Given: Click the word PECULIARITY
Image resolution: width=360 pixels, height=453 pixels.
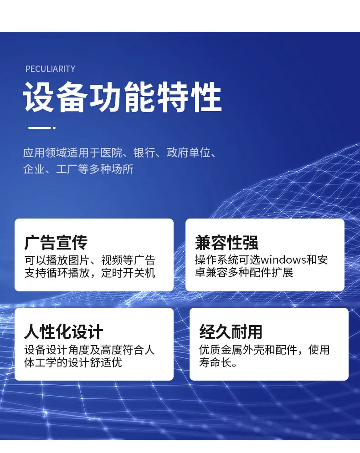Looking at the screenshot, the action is pyautogui.click(x=50, y=69).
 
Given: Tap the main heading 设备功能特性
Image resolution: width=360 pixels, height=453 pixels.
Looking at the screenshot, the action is pyautogui.click(x=122, y=97).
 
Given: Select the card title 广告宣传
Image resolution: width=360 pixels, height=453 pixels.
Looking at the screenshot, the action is pyautogui.click(x=56, y=242).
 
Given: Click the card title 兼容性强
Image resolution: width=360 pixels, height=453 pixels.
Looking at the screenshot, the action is pyautogui.click(x=226, y=242).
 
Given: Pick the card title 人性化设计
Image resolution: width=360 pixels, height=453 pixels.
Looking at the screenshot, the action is pyautogui.click(x=64, y=331).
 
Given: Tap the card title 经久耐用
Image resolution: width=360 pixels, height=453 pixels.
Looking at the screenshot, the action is pyautogui.click(x=231, y=331).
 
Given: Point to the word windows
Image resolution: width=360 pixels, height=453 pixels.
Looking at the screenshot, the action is pyautogui.click(x=283, y=260).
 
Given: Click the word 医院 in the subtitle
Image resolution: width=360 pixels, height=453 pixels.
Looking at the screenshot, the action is pyautogui.click(x=111, y=153).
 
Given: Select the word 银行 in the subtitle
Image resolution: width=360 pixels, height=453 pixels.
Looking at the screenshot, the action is pyautogui.click(x=144, y=153).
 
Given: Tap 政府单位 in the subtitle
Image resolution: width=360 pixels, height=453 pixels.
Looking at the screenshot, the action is pyautogui.click(x=188, y=153).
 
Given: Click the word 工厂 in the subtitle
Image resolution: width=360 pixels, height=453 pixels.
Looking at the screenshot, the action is pyautogui.click(x=67, y=169).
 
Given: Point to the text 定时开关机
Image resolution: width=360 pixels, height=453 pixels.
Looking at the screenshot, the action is pyautogui.click(x=128, y=273).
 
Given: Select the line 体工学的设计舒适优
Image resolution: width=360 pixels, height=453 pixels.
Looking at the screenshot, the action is pyautogui.click(x=73, y=362).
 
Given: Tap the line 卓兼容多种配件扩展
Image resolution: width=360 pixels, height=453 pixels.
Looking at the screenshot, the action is pyautogui.click(x=244, y=272).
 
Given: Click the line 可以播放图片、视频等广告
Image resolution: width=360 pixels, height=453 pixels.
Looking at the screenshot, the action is pyautogui.click(x=90, y=260).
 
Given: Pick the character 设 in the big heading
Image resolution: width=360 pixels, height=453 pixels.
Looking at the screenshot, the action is pyautogui.click(x=39, y=97).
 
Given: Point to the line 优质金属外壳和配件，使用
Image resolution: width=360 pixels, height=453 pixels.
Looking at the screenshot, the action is pyautogui.click(x=264, y=350).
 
